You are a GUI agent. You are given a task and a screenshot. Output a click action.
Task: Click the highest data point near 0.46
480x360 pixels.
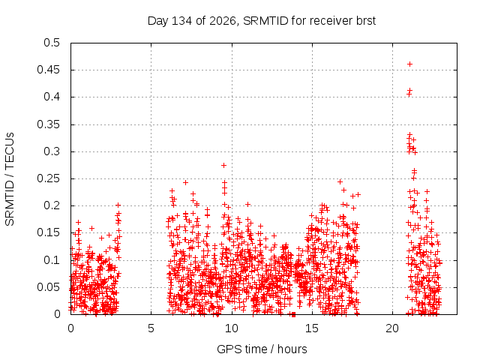pyautogui.click(x=409, y=64)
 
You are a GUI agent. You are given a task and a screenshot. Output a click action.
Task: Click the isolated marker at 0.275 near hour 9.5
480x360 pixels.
pyautogui.click(x=223, y=165)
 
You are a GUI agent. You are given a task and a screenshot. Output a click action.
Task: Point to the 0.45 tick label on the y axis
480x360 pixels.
pyautogui.click(x=48, y=70)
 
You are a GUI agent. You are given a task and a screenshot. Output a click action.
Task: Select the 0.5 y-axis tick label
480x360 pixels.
pyautogui.click(x=52, y=43)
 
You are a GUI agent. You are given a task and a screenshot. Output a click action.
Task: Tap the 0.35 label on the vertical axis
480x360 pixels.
pyautogui.click(x=48, y=124)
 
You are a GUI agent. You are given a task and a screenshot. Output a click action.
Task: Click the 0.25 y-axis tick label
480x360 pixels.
pyautogui.click(x=48, y=178)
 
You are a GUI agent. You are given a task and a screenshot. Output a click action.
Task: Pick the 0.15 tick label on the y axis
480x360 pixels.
pyautogui.click(x=48, y=232)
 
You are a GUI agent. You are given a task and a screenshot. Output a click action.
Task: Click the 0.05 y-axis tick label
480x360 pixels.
pyautogui.click(x=48, y=287)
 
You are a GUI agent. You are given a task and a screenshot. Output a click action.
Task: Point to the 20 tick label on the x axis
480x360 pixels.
pyautogui.click(x=392, y=328)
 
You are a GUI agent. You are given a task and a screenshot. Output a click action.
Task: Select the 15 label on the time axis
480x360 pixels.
pyautogui.click(x=312, y=328)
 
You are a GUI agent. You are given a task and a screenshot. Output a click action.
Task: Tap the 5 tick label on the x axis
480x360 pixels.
pyautogui.click(x=151, y=328)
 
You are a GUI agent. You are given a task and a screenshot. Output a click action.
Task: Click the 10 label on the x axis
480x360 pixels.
pyautogui.click(x=232, y=328)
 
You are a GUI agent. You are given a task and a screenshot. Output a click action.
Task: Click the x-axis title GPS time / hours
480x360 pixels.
pyautogui.click(x=262, y=349)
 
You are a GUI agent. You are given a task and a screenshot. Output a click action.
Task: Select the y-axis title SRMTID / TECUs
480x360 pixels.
pyautogui.click(x=10, y=179)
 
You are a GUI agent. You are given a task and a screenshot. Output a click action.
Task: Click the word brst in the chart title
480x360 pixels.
pyautogui.click(x=366, y=21)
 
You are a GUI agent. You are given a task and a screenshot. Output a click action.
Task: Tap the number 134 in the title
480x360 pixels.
pyautogui.click(x=181, y=21)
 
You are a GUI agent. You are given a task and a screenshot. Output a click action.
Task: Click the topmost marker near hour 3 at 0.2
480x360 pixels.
pyautogui.click(x=118, y=205)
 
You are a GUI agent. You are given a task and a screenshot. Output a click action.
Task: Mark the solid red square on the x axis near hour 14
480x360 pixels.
pyautogui.click(x=293, y=314)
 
